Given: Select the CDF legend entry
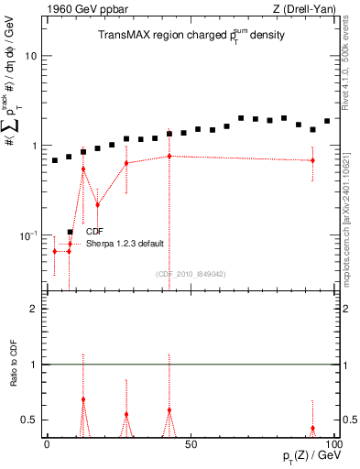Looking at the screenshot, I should pos(95,232).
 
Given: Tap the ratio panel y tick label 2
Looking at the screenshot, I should pos(35,310).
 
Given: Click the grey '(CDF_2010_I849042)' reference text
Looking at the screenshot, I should pos(191,274).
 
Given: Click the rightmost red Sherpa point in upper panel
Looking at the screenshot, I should pos(313,160).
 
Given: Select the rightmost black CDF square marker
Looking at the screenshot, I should pos(327,121).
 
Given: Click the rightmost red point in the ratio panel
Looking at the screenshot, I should pos(313,428).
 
